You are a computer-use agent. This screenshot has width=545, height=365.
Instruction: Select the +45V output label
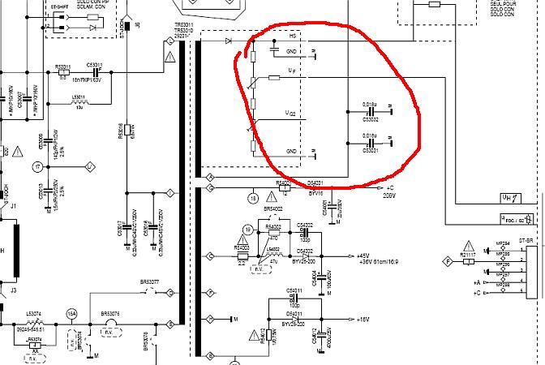click(x=362, y=255)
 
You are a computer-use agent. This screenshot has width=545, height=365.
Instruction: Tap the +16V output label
click(x=362, y=320)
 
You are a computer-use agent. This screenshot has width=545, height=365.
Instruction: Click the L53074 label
click(x=33, y=312)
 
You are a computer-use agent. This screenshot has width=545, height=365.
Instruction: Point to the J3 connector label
click(x=13, y=288)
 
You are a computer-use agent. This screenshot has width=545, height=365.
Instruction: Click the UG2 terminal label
click(x=290, y=111)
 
